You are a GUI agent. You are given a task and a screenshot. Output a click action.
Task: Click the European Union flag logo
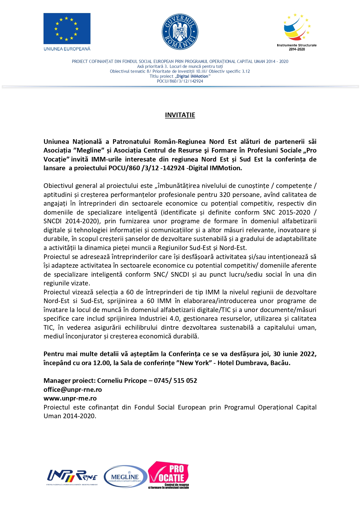click(67, 28)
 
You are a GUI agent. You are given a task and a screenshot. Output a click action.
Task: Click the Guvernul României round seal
click(180, 32)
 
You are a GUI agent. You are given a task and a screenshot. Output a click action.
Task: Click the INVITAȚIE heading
click(180, 115)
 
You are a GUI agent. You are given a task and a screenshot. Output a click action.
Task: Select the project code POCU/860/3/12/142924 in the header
click(180, 81)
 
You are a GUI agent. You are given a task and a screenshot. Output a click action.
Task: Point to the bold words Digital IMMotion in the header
click(193, 76)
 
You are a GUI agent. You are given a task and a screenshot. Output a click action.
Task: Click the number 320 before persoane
click(225, 195)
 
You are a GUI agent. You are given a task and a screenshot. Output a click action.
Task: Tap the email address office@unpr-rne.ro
click(73, 390)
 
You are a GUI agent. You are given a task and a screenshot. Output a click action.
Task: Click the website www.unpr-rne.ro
click(70, 398)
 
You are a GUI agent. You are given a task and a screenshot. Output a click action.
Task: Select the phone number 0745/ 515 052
click(175, 381)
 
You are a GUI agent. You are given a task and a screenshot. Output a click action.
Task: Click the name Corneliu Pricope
click(122, 381)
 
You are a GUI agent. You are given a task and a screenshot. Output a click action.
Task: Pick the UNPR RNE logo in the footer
click(72, 477)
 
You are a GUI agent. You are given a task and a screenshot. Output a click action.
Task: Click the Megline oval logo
click(125, 476)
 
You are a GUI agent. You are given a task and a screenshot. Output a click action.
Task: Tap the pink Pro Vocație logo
click(169, 475)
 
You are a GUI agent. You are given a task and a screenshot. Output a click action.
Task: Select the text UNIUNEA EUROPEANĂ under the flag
click(67, 49)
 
